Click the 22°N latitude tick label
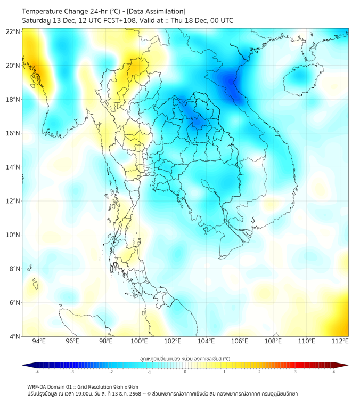coord(13,32)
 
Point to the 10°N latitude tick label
coord(13,235)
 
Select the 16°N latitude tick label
coord(13,133)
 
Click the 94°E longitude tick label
coord(39,341)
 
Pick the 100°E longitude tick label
coord(140,341)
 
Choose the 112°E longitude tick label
coord(340,341)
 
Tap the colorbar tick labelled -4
coord(37,372)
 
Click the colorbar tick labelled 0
coord(185,372)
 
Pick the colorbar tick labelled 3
coord(296,372)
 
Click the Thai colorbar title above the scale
coord(185,359)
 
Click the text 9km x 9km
coord(126,386)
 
